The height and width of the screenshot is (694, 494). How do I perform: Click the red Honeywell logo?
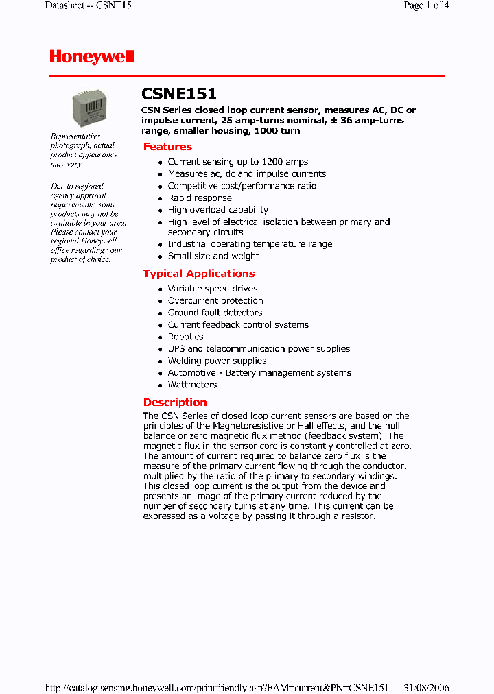point(92,58)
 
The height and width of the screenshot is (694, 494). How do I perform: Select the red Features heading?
point(167,147)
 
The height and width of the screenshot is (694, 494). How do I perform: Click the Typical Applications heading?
point(198,274)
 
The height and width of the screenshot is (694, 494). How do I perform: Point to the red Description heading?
point(175,403)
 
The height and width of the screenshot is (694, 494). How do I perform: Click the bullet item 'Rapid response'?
point(200,198)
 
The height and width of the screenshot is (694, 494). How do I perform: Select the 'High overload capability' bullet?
point(217,210)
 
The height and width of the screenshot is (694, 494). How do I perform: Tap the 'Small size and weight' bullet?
point(213,256)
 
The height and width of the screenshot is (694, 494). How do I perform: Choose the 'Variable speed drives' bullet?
point(213,289)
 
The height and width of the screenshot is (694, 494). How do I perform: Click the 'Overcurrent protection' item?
point(215,301)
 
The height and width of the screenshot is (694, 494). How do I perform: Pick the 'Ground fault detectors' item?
point(215,313)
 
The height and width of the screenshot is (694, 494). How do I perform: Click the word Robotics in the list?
point(185,337)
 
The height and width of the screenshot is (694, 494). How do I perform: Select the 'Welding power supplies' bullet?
point(217,361)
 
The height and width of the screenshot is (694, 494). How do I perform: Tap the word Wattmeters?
point(192,385)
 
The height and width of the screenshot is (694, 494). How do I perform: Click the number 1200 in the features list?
point(272,162)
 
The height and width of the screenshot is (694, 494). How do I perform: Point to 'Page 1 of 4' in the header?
point(427,5)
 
